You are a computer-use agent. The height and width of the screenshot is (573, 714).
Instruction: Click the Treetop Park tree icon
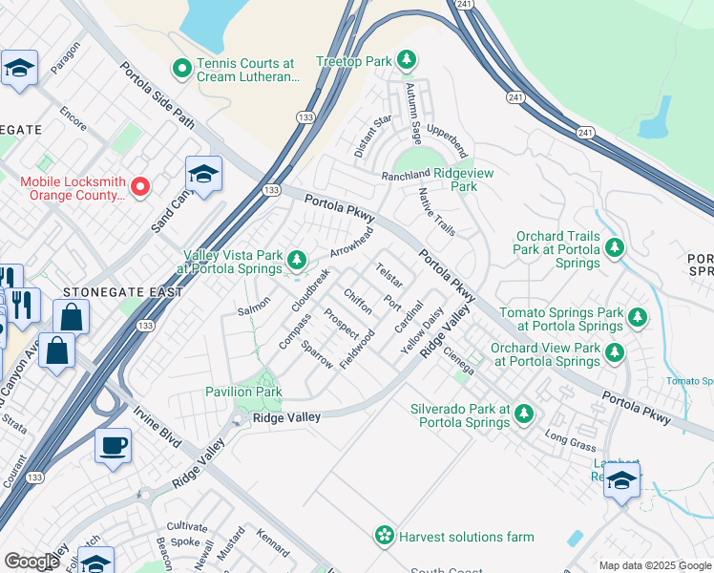point(408,61)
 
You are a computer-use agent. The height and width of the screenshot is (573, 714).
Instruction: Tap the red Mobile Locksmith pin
point(140,186)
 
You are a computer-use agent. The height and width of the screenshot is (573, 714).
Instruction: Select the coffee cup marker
point(114,445)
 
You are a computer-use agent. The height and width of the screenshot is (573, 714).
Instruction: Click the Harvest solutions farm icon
point(385,536)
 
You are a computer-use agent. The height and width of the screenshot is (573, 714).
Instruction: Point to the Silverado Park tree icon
point(523,414)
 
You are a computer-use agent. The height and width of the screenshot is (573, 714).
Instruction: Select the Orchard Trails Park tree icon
point(615,248)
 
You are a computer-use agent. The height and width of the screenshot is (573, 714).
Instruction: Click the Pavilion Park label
point(243,392)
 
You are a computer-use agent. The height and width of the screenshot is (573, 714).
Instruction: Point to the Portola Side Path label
point(157,96)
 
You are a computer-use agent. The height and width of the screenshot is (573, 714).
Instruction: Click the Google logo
point(31,562)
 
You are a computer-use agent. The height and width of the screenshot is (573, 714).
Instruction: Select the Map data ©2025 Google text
point(654,565)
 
